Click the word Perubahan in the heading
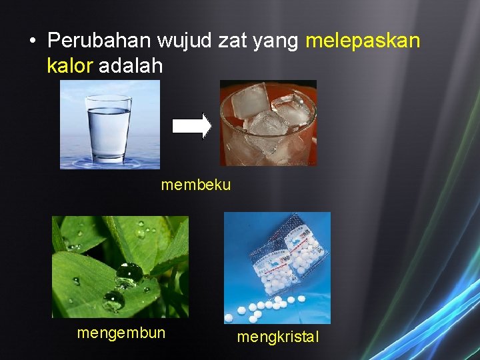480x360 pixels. pos(100,41)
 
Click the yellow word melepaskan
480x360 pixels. pos(363,41)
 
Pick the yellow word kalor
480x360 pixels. pos(71,66)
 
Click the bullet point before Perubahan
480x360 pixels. pos(32,41)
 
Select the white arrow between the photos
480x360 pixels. pos(192,126)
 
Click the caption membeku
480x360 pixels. pos(196,185)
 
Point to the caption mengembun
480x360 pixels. pos(121,332)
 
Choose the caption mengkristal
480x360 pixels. pos(278,337)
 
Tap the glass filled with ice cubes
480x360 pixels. pos(269,123)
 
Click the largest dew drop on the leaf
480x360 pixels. pos(128,273)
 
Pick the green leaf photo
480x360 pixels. pos(120,267)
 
